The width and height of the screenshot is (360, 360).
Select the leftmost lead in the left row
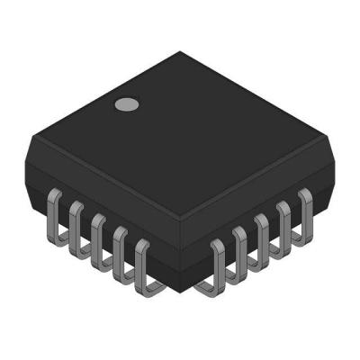click(x=52, y=209)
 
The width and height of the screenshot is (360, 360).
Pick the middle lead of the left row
click(x=97, y=238)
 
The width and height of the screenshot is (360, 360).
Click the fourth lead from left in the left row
click(x=119, y=252)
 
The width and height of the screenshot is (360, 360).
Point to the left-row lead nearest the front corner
click(x=141, y=266)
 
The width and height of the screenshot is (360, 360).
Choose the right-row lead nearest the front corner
click(x=217, y=264)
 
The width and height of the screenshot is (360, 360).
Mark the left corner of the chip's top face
click(x=30, y=137)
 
